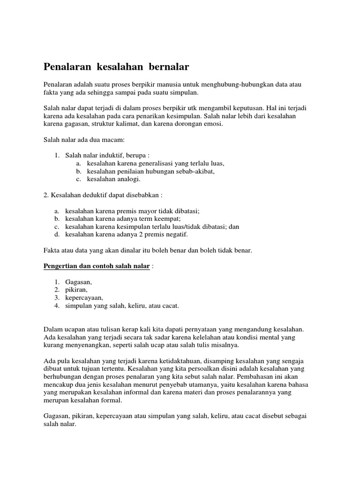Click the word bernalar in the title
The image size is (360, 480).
pyautogui.click(x=166, y=67)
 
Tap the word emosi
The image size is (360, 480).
pyautogui.click(x=213, y=124)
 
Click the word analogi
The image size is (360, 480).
pyautogui.click(x=126, y=179)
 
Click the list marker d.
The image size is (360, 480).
pyautogui.click(x=57, y=234)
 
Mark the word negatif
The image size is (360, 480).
pyautogui.click(x=175, y=234)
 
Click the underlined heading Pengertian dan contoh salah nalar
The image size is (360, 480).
pyautogui.click(x=97, y=266)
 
